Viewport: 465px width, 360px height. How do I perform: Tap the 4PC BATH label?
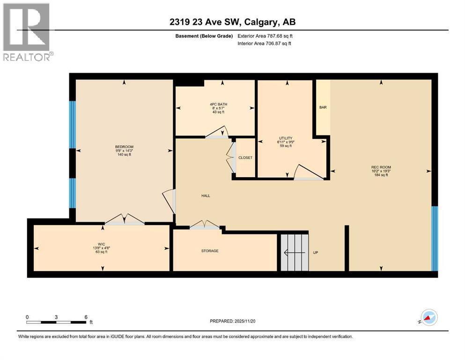pyautogui.click(x=218, y=104)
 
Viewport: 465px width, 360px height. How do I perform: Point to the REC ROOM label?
pyautogui.click(x=381, y=167)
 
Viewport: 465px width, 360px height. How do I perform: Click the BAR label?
pyautogui.click(x=323, y=107)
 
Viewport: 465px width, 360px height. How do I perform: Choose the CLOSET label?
pyautogui.click(x=245, y=157)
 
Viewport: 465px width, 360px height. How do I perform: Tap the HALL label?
pyautogui.click(x=205, y=195)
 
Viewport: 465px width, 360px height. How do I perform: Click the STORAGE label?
pyautogui.click(x=210, y=251)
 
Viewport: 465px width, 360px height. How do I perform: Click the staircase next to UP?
pyautogui.click(x=295, y=253)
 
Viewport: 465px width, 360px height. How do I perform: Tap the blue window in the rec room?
pyautogui.click(x=434, y=239)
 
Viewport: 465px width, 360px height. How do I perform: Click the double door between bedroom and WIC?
pyautogui.click(x=124, y=220)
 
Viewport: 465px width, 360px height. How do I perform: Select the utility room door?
pyautogui.click(x=308, y=173)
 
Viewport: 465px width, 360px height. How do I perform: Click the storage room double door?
pyautogui.click(x=205, y=225)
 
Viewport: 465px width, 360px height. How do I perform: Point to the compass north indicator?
pyautogui.click(x=428, y=317)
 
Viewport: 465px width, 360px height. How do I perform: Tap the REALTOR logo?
pyautogui.click(x=28, y=32)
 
